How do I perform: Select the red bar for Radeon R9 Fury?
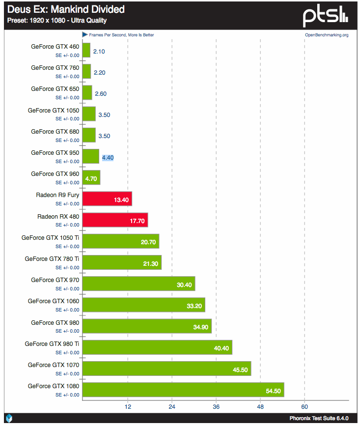[x=107, y=199]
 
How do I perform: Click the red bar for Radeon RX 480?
[x=115, y=220]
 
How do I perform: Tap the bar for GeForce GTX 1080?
[x=183, y=390]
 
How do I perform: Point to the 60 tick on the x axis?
[x=305, y=406]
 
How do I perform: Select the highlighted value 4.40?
[x=108, y=158]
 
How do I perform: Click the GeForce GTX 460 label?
[x=55, y=47]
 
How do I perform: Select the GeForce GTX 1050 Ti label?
[x=50, y=238]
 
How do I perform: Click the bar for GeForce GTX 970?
[x=138, y=284]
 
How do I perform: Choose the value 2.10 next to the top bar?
[x=99, y=51]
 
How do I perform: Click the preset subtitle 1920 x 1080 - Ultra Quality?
[x=56, y=21]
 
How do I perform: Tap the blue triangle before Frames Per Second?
[x=84, y=35]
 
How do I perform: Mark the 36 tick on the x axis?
[x=216, y=406]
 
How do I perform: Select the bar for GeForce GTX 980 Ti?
[x=157, y=347]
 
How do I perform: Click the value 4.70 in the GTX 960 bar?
[x=91, y=179]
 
